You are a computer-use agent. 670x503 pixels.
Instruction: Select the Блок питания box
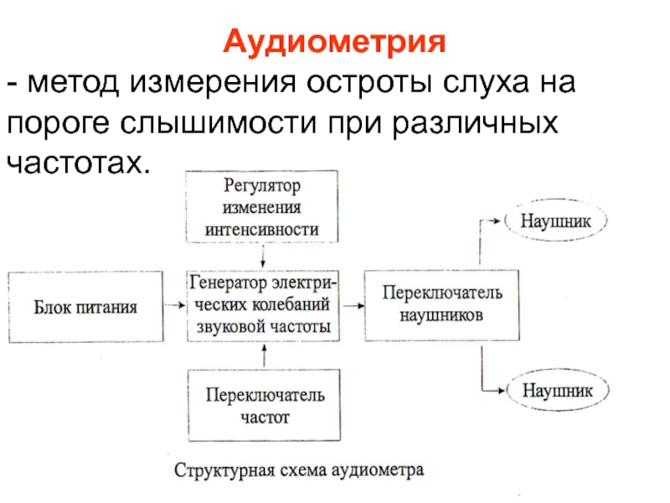85,307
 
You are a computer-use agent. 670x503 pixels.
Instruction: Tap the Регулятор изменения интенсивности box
262,206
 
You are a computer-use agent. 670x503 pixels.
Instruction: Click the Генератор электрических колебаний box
263,305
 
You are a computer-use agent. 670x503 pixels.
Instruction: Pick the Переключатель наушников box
442,305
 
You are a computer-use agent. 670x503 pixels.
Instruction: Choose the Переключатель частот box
265,405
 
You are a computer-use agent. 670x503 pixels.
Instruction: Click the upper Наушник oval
556,220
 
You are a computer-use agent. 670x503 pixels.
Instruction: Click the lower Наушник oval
558,390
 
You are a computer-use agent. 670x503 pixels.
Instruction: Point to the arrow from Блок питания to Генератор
175,305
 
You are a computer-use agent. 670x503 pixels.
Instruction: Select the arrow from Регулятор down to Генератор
263,256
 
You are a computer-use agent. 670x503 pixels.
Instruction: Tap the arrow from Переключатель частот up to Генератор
264,355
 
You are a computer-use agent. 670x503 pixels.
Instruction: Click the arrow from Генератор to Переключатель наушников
353,305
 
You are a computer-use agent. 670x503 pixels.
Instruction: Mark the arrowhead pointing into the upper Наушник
497,220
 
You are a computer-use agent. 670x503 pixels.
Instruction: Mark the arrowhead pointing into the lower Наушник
501,390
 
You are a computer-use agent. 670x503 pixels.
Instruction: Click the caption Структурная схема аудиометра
299,470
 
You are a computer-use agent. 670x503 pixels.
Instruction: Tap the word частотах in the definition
79,163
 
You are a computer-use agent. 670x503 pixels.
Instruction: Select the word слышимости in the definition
219,122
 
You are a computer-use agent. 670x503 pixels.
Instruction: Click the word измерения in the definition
213,82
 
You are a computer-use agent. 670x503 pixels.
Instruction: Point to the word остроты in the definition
368,82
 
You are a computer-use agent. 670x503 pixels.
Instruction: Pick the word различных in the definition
475,123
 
